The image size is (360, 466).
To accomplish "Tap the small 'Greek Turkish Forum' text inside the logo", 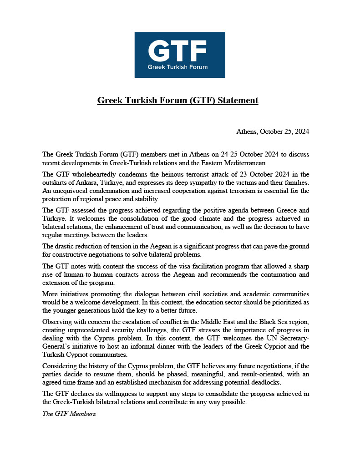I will [177, 67].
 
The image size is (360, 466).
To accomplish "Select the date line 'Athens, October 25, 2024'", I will [273, 132].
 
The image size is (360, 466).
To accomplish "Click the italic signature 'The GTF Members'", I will [69, 414].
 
